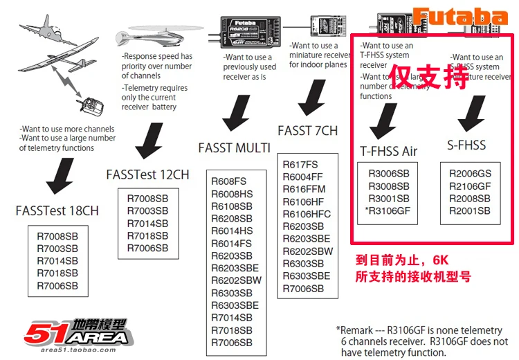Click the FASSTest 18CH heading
click(57, 210)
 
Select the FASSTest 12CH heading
click(147, 174)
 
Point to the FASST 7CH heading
click(308, 130)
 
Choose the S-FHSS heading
click(466, 145)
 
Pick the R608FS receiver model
click(228, 181)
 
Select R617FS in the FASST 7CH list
click(300, 164)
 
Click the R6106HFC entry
click(307, 214)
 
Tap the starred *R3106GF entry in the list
click(388, 210)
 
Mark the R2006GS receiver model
click(470, 174)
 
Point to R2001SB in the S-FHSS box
click(469, 211)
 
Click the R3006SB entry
click(389, 174)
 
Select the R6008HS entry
click(232, 194)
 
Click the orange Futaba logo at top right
click(460, 17)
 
